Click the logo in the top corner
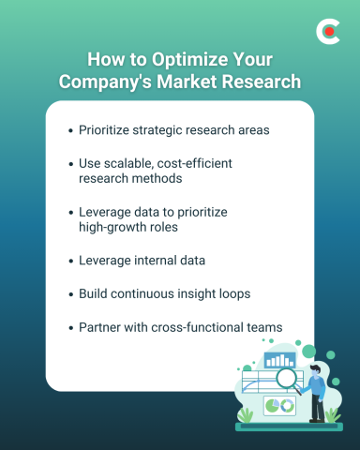point(328,32)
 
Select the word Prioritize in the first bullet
point(107,128)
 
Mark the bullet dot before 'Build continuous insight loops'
point(71,294)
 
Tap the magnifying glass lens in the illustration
point(284,380)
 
